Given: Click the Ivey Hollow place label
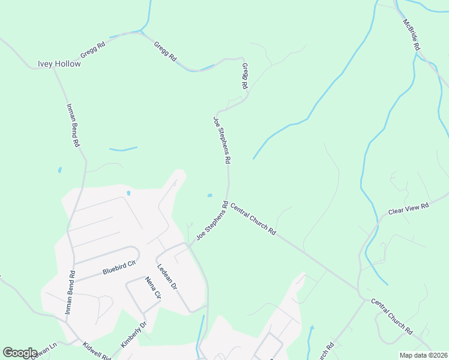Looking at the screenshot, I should coord(59,64).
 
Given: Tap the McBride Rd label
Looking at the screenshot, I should coord(412,34).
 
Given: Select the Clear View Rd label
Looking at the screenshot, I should coord(409,209).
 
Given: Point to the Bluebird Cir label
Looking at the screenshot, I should coord(120,267).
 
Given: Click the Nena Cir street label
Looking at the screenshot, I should coord(154,287).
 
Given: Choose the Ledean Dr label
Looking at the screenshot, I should coord(167,278).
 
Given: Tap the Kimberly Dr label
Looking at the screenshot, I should coord(134,334).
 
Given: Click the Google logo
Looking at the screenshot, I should coord(20,353).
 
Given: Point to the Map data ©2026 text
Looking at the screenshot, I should coord(423,355).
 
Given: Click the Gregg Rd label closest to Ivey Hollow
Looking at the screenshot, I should coord(93,49).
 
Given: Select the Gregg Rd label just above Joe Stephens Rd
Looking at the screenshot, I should coord(245,76).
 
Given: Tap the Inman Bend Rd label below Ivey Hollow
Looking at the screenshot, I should coord(73,125).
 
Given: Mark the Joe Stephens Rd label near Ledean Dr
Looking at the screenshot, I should coord(212,221).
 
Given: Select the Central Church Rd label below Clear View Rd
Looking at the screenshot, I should coord(391,316).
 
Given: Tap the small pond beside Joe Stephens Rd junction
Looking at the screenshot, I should coord(209,195).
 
